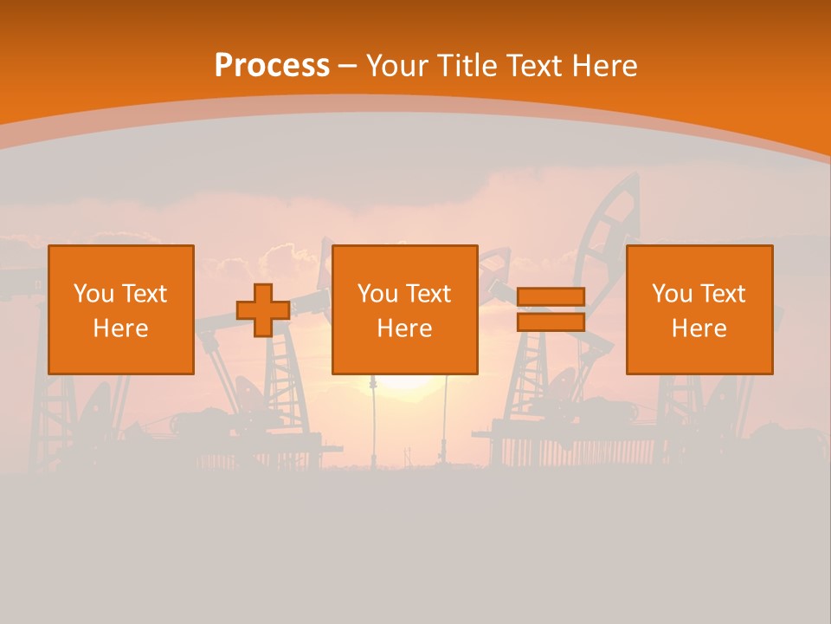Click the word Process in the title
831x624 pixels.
point(272,66)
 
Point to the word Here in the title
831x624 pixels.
point(605,66)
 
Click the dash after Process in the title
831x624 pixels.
point(348,67)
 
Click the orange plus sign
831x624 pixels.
point(263,310)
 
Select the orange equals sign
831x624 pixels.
point(551,309)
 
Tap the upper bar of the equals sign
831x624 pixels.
point(551,297)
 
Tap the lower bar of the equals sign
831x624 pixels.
point(551,322)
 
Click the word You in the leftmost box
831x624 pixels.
point(93,294)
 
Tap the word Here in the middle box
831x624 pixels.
point(405,328)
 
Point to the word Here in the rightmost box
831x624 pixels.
point(699,328)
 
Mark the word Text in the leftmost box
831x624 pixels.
point(144,294)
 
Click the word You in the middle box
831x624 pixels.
point(377,294)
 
